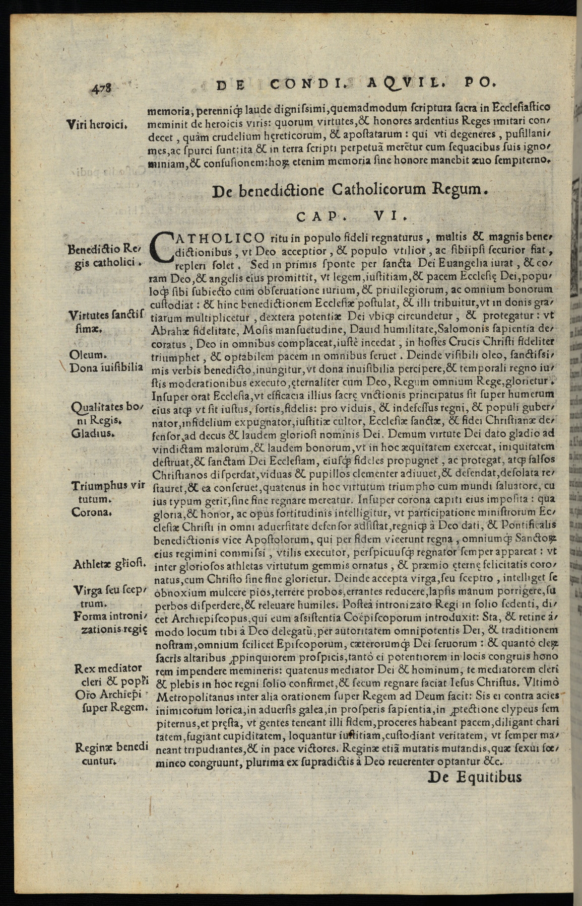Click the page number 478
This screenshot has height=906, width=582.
(103, 88)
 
